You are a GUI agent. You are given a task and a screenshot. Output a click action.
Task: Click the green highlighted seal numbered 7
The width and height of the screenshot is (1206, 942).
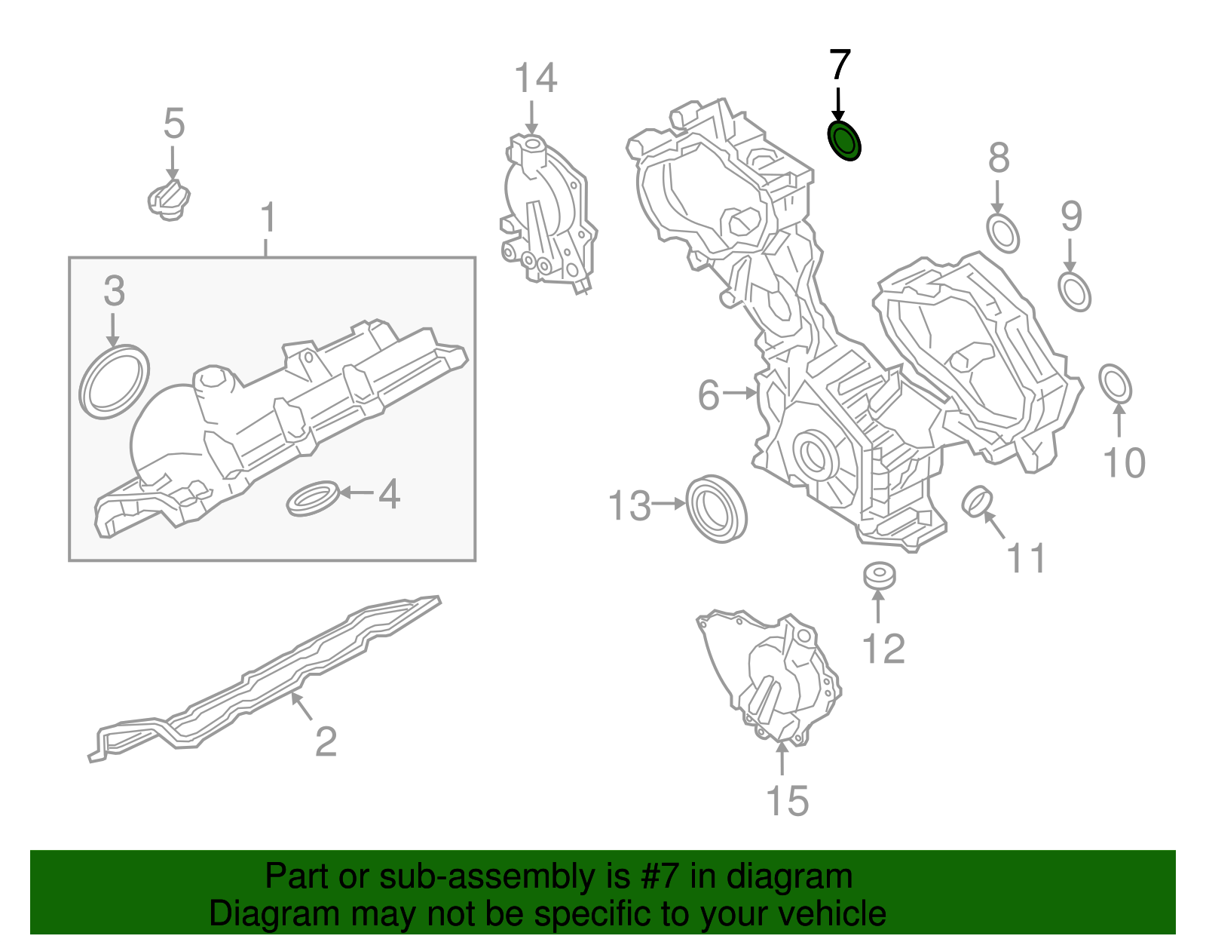click(x=843, y=141)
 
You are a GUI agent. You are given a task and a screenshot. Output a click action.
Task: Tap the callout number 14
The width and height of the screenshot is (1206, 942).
click(x=535, y=78)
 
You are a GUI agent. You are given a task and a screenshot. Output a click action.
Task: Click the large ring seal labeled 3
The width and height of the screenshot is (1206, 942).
click(x=114, y=382)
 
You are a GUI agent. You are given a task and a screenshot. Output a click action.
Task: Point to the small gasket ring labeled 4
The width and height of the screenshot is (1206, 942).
click(x=312, y=498)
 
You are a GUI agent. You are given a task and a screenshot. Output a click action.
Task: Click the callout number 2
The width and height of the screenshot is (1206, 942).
click(x=326, y=741)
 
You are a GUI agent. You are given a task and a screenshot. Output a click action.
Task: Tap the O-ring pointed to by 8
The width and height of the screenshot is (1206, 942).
click(x=1002, y=233)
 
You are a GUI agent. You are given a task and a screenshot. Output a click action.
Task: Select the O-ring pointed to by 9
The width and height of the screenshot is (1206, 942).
click(x=1074, y=291)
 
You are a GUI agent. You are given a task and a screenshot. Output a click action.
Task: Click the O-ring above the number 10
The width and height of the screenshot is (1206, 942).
click(x=1116, y=384)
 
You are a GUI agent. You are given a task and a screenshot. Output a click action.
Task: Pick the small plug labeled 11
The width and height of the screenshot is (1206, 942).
click(x=978, y=502)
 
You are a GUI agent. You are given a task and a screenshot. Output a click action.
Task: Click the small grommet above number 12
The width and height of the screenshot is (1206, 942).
click(x=880, y=575)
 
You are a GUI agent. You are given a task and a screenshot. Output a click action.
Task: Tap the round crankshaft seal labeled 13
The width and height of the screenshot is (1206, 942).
click(x=716, y=509)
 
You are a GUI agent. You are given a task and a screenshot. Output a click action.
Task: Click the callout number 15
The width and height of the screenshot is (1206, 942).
click(x=787, y=800)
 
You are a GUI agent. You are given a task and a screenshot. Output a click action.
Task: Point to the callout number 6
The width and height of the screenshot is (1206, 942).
click(x=709, y=394)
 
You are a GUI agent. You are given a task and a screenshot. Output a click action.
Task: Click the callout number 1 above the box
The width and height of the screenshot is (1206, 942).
click(x=268, y=218)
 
